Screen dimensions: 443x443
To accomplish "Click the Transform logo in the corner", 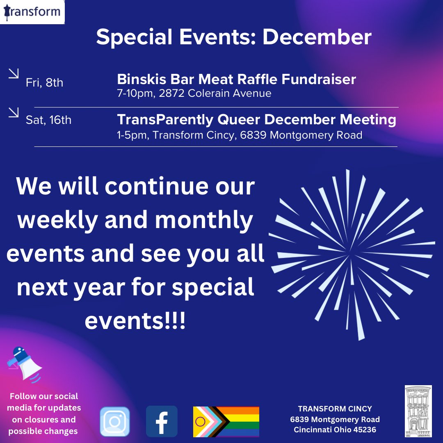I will (32, 11).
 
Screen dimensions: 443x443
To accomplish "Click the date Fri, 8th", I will (44, 82).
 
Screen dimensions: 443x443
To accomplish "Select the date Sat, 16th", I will (48, 120).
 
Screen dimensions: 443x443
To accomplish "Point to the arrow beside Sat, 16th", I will (14, 112).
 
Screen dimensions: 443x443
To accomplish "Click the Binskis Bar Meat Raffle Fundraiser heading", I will (236, 79).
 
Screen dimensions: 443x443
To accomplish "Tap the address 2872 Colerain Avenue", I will (230, 94).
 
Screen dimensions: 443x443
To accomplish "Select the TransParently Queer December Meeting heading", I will (256, 119).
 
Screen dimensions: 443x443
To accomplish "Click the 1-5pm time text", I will (132, 135).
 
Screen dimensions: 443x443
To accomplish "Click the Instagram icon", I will (115, 421).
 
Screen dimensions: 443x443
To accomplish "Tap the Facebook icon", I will (162, 421).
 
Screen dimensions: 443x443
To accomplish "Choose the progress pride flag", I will (226, 422).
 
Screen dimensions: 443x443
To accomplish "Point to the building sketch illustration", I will (418, 411).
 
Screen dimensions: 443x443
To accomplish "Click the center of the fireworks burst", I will (352, 254).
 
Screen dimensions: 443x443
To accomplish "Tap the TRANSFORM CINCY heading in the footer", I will (335, 409).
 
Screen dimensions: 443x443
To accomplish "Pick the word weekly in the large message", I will (57, 220).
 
